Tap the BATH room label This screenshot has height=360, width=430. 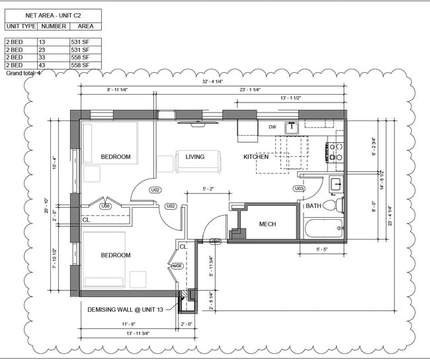[313, 206]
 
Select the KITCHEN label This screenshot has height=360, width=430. [256, 157]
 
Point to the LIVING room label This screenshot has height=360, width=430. [194, 157]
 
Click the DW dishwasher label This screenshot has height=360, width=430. [272, 127]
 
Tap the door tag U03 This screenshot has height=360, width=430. [299, 189]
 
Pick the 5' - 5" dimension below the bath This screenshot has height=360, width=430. [323, 249]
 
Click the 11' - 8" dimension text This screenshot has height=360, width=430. [128, 324]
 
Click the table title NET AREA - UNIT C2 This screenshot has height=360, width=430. [53, 15]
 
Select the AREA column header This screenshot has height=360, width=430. [85, 26]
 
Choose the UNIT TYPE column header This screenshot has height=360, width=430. [20, 26]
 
